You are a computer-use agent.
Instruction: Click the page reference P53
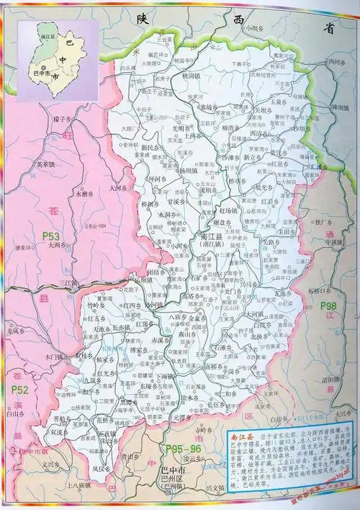[50, 235]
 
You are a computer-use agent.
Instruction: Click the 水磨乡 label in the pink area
[84, 194]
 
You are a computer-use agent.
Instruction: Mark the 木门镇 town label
[55, 356]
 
